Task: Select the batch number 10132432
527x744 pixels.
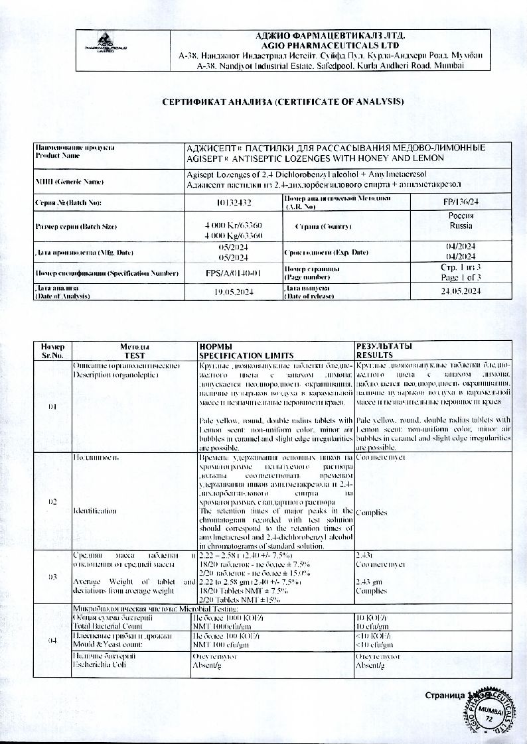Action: point(234,202)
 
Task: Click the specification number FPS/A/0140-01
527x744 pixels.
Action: point(234,272)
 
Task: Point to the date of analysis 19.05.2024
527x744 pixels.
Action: point(234,292)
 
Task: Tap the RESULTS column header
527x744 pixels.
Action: point(376,355)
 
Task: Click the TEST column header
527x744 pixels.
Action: point(135,355)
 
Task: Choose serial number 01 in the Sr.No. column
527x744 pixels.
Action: point(52,406)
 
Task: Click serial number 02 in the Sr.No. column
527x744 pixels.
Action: point(52,501)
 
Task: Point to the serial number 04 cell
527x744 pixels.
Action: point(52,641)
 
